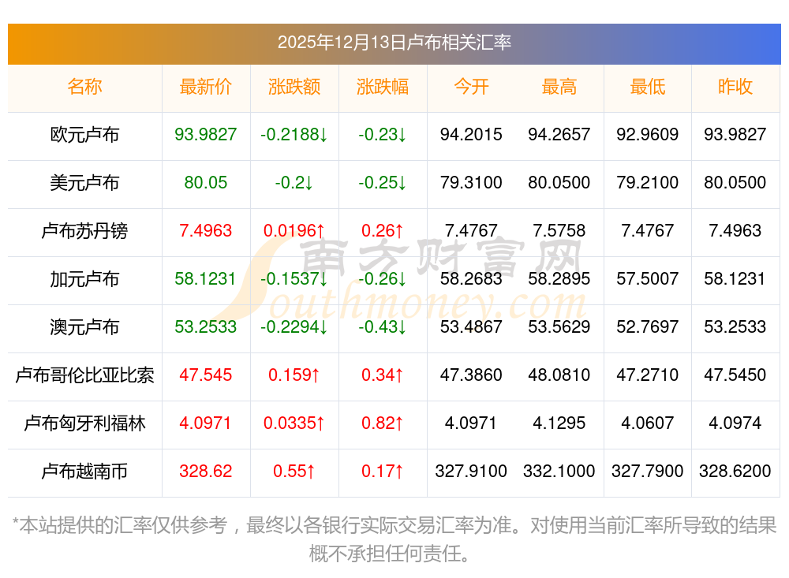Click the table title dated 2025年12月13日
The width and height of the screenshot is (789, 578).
tap(394, 42)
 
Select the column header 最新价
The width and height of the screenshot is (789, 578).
tap(206, 87)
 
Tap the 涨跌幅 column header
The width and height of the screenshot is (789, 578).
tap(383, 87)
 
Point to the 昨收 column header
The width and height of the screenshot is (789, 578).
tap(735, 87)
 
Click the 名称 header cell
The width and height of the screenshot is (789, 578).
tap(84, 87)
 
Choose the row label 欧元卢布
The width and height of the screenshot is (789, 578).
tap(84, 135)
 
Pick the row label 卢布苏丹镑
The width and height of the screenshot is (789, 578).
tap(84, 231)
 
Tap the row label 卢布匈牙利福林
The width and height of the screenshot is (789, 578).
tap(84, 423)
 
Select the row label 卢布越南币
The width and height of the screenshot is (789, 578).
tap(84, 472)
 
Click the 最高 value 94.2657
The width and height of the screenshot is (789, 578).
tap(559, 135)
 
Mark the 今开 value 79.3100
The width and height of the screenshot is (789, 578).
tap(471, 183)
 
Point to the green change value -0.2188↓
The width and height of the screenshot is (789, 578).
tap(294, 135)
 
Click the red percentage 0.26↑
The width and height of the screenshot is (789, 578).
tap(383, 231)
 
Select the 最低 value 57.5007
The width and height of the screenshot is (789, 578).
tap(648, 279)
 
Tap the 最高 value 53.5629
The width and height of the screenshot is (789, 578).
tap(559, 327)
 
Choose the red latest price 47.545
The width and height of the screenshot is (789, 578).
tap(206, 375)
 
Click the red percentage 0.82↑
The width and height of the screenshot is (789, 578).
tap(383, 423)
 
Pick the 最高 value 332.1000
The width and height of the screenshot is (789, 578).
tap(559, 472)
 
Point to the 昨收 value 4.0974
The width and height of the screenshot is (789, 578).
tap(735, 423)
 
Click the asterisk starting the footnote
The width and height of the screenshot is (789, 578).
tap(16, 523)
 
